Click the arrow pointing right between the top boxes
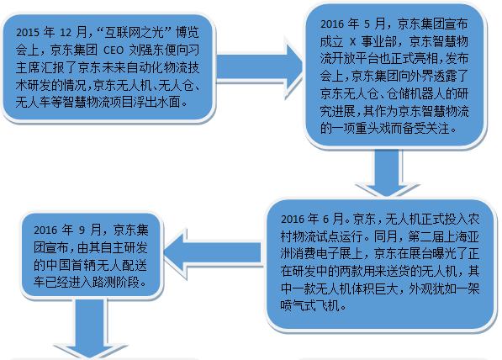(x=259, y=68)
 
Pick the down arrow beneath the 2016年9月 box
(x=90, y=328)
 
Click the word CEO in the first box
(x=114, y=50)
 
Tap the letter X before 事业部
(x=352, y=42)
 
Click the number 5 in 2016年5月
(x=367, y=24)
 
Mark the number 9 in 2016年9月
(x=82, y=230)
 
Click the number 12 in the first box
(x=66, y=33)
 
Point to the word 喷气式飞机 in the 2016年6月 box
(x=309, y=306)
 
